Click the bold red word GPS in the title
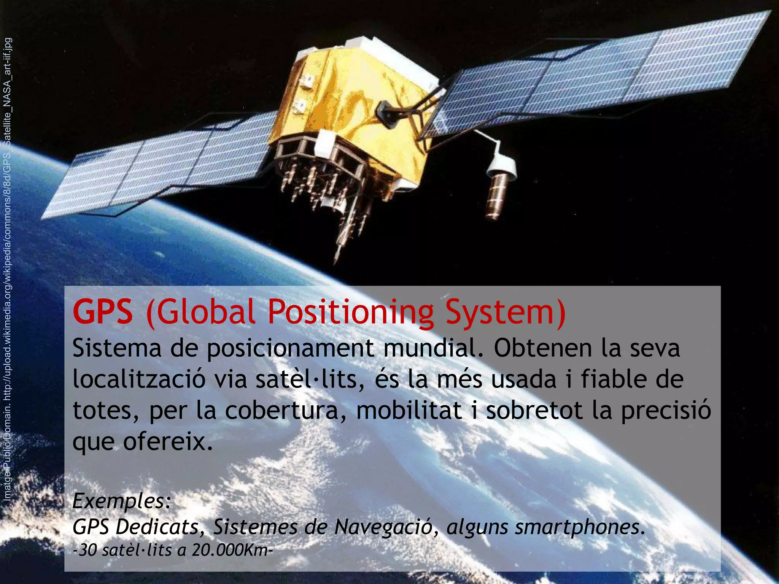103,312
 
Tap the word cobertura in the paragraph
281,411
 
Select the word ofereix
167,442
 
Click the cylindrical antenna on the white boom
498,194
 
